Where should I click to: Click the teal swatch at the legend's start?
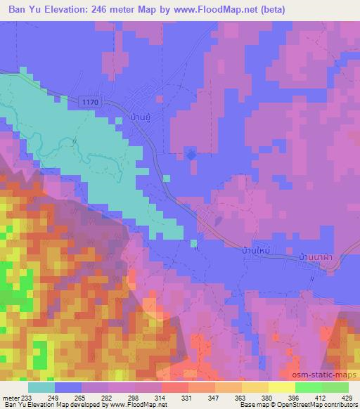(41, 387)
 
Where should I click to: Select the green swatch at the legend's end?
(335, 387)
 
